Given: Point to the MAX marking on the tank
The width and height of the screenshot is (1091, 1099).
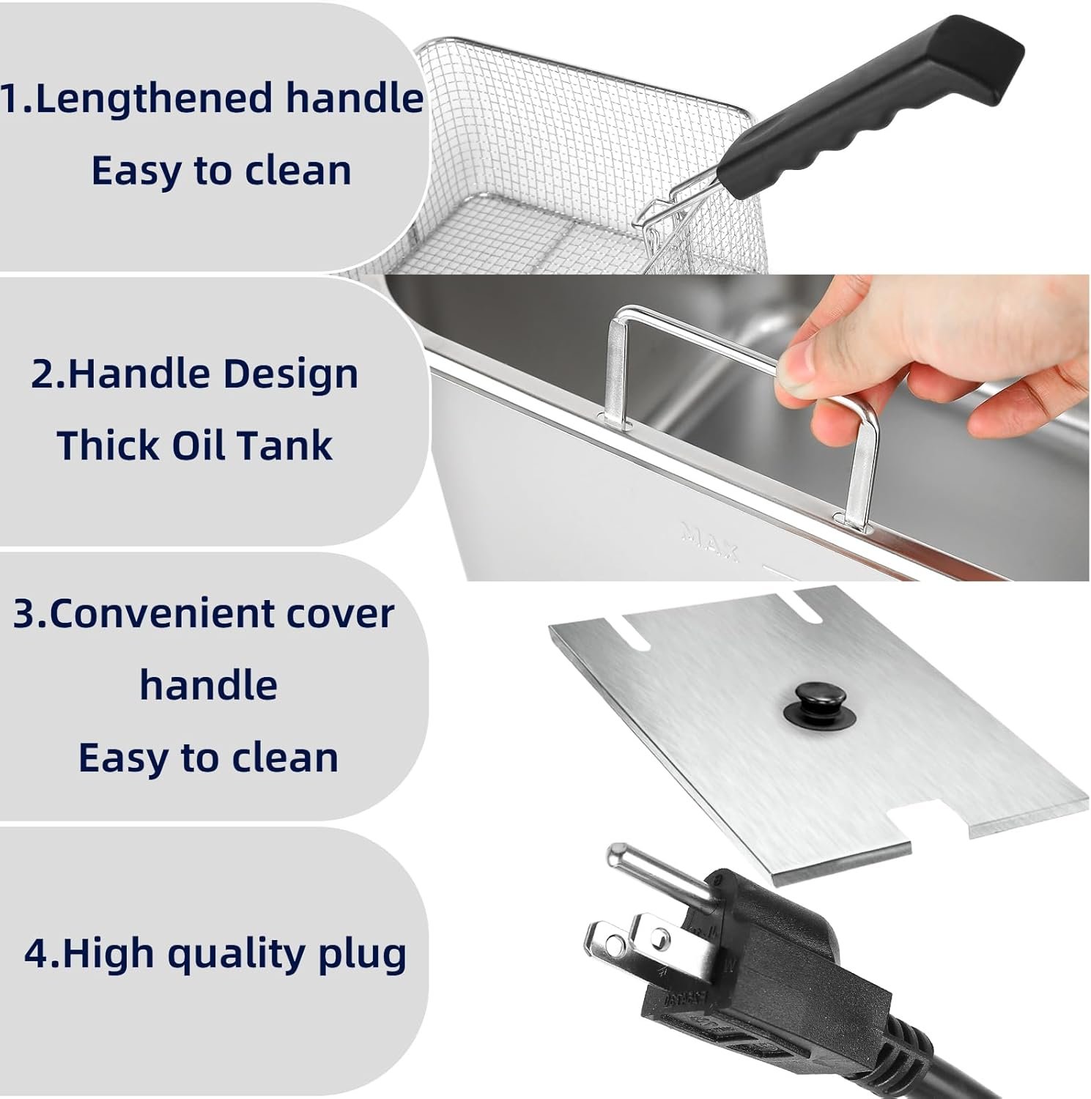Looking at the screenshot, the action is [x=709, y=541].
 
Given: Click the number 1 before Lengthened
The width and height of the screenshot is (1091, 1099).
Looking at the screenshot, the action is [x=10, y=99].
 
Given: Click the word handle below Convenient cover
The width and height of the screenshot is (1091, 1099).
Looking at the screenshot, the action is [x=208, y=685].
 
